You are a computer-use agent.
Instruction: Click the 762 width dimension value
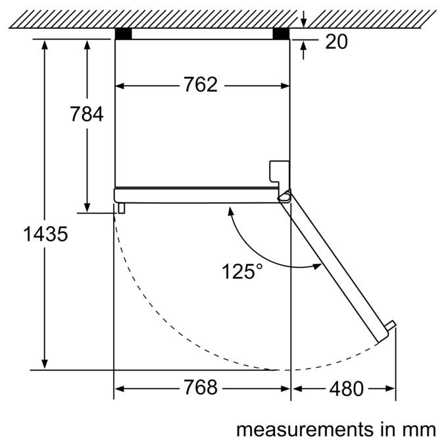[x=201, y=84]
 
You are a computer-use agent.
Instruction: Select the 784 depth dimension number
[x=87, y=114]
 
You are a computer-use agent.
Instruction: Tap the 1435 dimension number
[x=45, y=234]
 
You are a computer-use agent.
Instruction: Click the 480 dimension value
[x=346, y=389]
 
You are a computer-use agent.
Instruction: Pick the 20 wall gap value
[x=336, y=41]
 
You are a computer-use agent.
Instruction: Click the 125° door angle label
[x=242, y=271]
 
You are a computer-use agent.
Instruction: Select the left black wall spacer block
[x=124, y=34]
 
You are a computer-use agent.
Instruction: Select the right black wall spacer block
[x=281, y=34]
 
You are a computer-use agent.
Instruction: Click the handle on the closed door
[x=122, y=208]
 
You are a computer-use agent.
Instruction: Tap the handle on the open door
[x=391, y=325]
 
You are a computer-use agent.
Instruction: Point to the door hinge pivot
[x=285, y=195]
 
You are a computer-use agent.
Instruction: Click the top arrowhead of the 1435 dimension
[x=45, y=45]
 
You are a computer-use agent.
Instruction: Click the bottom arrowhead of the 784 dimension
[x=87, y=207]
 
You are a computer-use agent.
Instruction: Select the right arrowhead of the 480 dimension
[x=390, y=389]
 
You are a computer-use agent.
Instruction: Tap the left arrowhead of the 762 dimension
[x=120, y=86]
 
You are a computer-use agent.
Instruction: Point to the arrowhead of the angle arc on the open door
[x=317, y=265]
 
